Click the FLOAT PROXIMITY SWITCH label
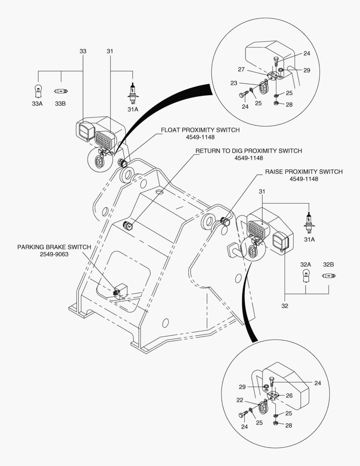(x=200, y=130)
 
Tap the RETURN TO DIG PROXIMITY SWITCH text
(x=248, y=151)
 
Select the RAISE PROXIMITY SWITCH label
(x=304, y=172)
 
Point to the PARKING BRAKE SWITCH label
(x=54, y=247)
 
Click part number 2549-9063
(x=54, y=254)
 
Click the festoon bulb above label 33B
(x=61, y=91)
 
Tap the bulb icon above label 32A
(x=306, y=275)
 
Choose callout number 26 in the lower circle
(x=289, y=395)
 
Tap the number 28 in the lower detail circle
(x=288, y=425)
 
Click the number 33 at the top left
(x=83, y=51)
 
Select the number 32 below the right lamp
(x=285, y=305)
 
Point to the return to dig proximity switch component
(x=128, y=224)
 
